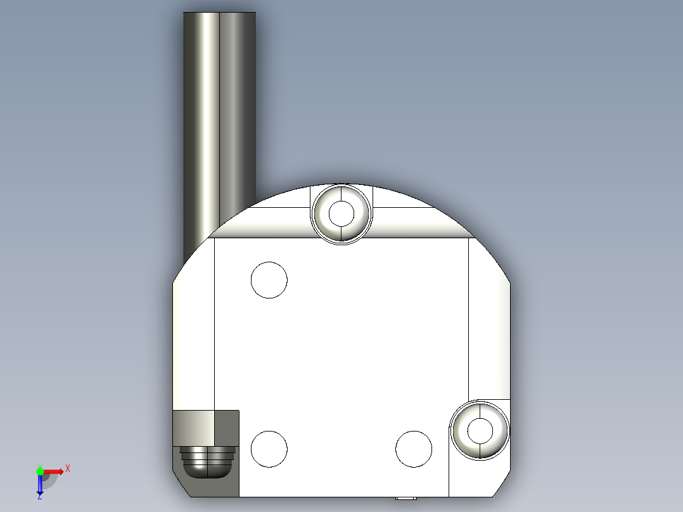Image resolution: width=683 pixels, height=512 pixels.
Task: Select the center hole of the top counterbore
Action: [x=341, y=214]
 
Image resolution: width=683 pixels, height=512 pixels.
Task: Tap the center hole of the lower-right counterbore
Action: [x=480, y=430]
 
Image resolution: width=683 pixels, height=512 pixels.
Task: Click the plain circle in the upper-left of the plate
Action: [x=269, y=279]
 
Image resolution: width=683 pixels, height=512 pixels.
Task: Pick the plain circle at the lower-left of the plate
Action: [x=269, y=448]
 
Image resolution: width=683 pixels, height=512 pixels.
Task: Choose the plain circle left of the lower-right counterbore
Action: [x=414, y=449]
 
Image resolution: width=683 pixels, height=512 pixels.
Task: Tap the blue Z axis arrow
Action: [x=40, y=485]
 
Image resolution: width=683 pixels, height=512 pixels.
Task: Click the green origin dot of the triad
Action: [x=40, y=471]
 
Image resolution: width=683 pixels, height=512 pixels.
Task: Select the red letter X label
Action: [x=67, y=469]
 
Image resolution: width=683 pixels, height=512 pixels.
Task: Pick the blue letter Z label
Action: [x=39, y=497]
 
